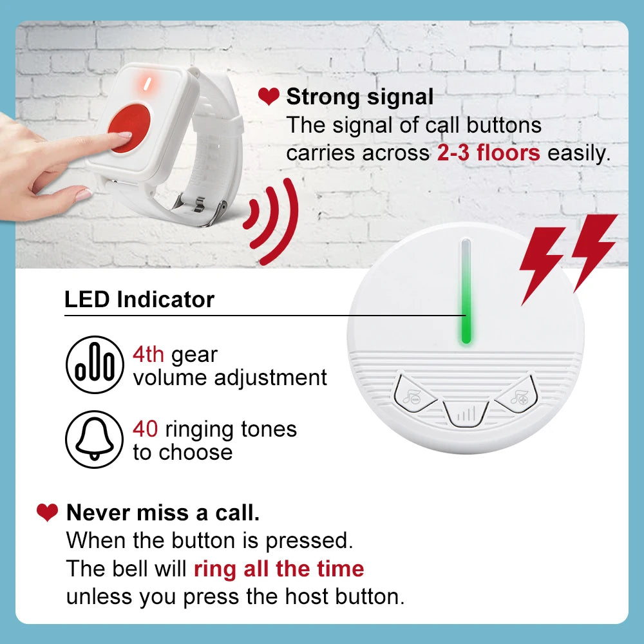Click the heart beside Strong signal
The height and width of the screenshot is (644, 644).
click(268, 97)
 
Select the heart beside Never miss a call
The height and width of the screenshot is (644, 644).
click(47, 513)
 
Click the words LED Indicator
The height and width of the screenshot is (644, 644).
click(139, 299)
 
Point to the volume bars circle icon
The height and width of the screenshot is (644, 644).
click(94, 365)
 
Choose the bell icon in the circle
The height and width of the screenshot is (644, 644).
click(94, 439)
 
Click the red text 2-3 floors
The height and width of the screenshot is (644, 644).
click(489, 153)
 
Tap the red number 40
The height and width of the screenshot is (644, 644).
click(145, 428)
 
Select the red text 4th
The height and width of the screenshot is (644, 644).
click(148, 354)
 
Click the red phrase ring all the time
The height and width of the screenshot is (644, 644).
click(279, 569)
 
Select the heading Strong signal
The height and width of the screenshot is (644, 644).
click(360, 97)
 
